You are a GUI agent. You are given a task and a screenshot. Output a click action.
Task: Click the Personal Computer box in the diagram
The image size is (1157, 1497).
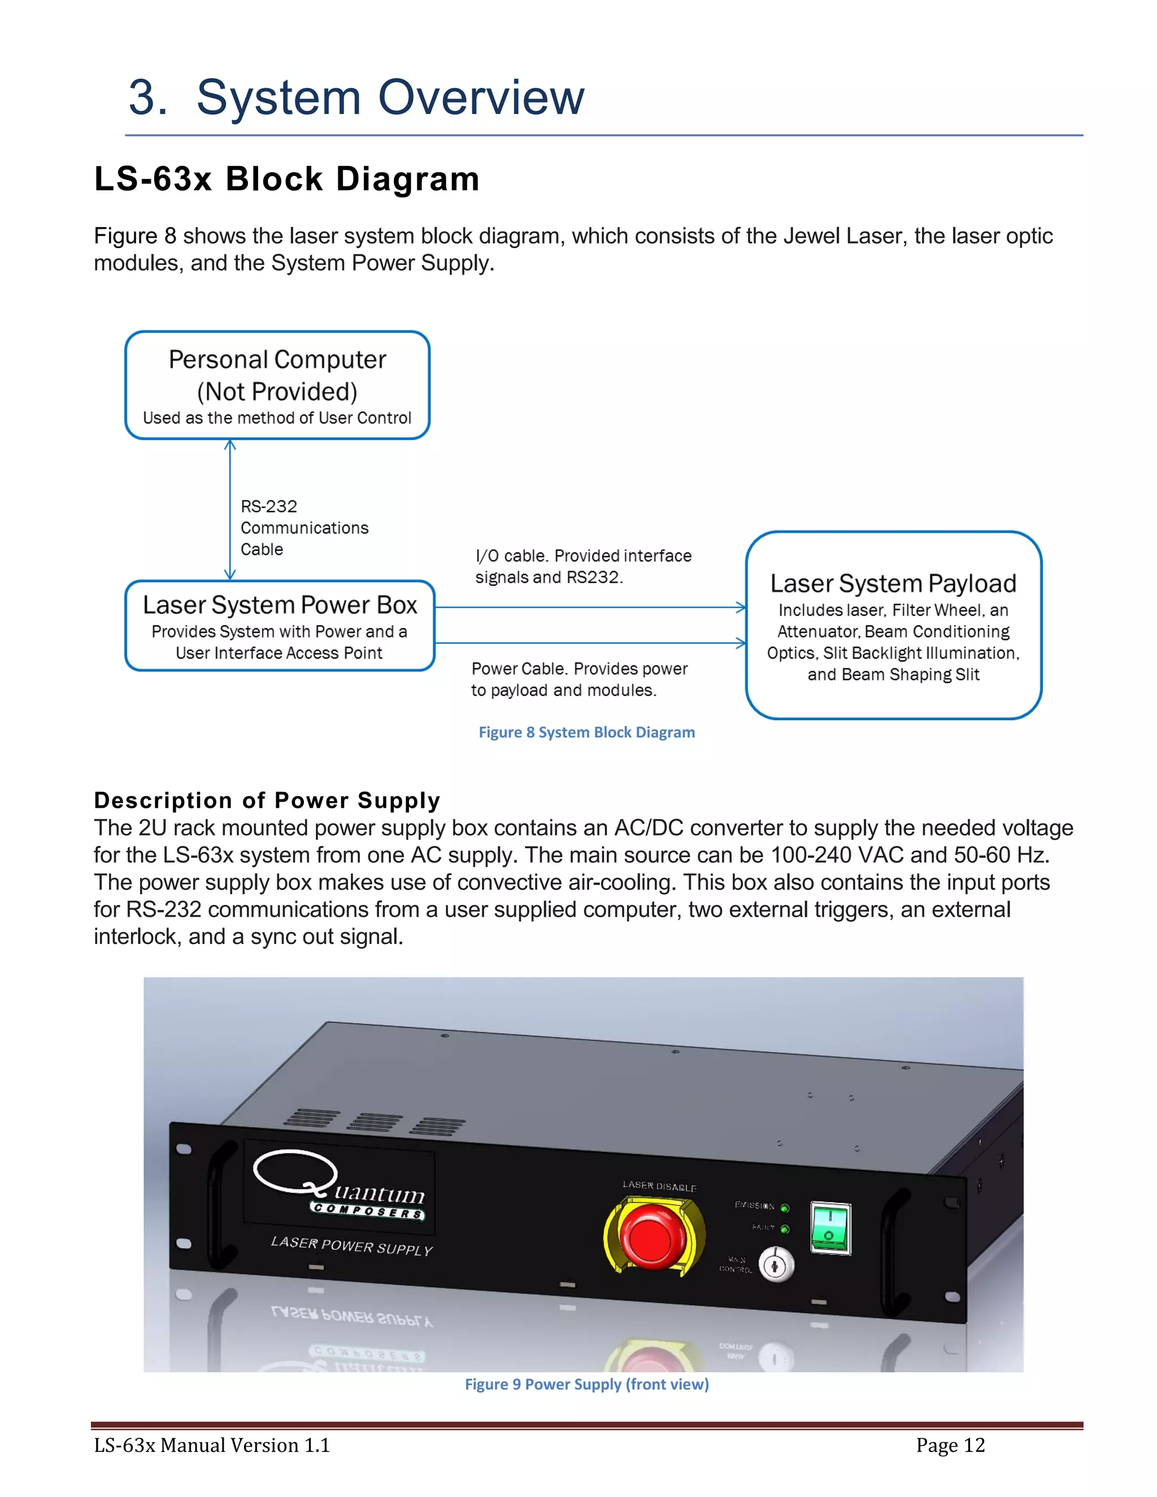(x=277, y=385)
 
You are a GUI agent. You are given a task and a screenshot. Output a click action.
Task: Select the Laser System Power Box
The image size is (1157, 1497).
(x=280, y=626)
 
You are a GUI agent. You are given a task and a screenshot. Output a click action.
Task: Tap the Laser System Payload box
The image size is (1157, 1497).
(x=893, y=625)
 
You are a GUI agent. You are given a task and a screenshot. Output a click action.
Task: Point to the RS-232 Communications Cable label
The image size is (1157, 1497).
(x=303, y=528)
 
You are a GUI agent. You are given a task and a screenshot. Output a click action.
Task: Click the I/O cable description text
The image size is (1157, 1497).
(x=582, y=566)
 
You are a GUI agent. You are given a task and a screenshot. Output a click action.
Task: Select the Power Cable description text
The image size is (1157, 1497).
(x=578, y=679)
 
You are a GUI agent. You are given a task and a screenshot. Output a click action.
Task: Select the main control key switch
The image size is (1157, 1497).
(x=776, y=1265)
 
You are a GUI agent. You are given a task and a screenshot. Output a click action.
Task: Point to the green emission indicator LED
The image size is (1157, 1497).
(x=785, y=1208)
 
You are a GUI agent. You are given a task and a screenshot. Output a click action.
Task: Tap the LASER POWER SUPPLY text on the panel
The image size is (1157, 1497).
(x=351, y=1246)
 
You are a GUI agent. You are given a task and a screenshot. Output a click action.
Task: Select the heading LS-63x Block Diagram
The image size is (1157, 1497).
(x=286, y=179)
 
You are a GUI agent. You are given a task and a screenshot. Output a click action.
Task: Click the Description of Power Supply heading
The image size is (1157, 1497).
(x=267, y=800)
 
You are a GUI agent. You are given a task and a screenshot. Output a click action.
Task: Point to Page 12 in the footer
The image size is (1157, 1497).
(x=950, y=1446)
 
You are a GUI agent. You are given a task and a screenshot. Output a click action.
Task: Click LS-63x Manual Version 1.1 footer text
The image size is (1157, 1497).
(x=212, y=1446)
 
